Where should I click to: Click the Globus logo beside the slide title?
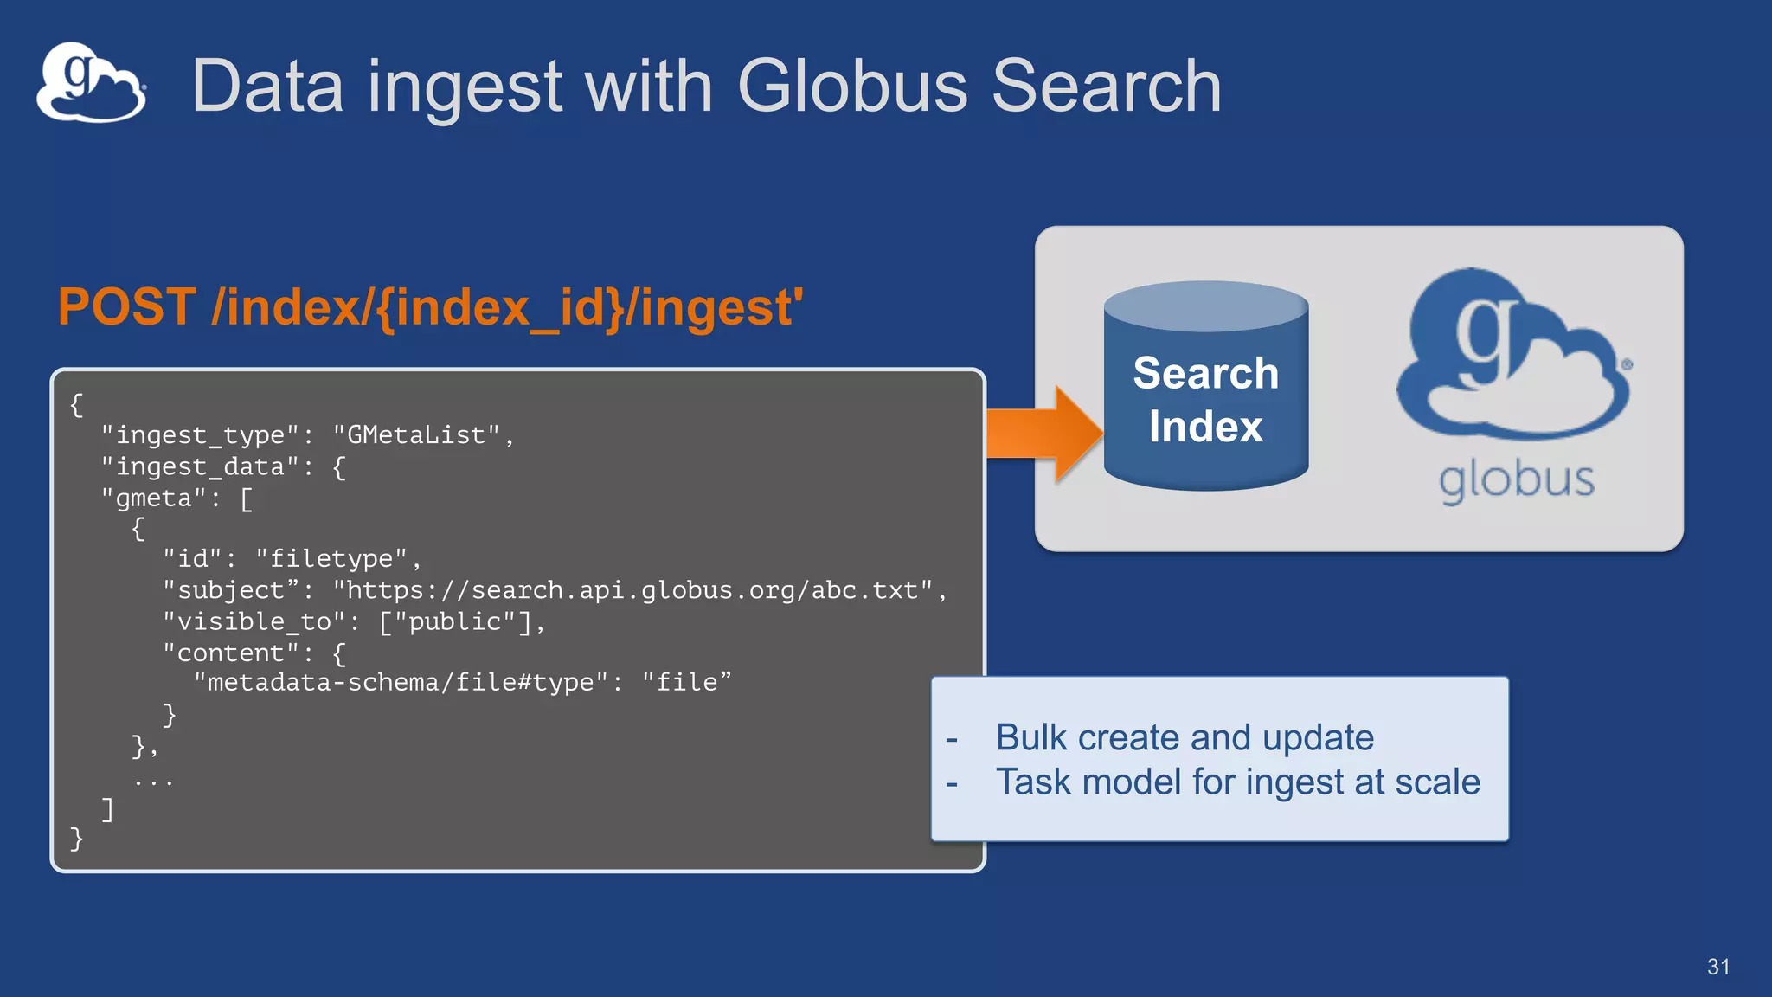click(x=91, y=83)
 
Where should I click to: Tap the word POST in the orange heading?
click(x=127, y=307)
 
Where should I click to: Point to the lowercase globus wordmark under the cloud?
click(x=1516, y=481)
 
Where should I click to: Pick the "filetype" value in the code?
click(x=331, y=559)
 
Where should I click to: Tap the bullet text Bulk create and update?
click(x=1184, y=737)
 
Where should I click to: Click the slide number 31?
click(x=1717, y=967)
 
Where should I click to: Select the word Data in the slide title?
click(x=267, y=87)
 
